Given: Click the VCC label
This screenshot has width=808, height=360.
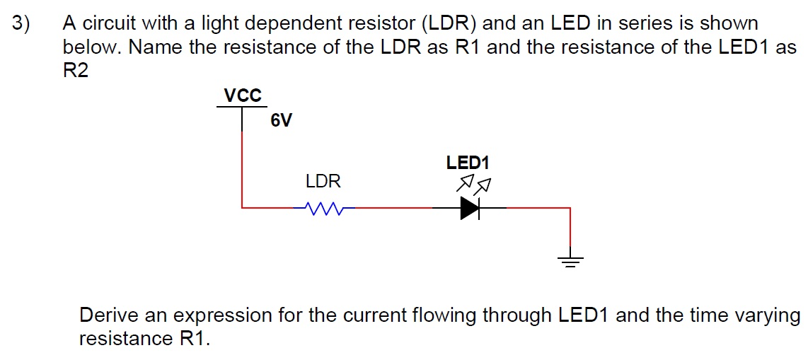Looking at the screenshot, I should pos(243,95).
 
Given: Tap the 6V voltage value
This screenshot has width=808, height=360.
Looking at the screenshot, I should pos(281,121).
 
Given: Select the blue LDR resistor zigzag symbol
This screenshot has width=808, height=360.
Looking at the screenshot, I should pos(323,209).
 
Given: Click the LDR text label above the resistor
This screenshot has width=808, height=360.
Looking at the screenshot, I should pos(323,182).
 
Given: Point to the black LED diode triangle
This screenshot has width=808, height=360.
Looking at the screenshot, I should pos(470,208).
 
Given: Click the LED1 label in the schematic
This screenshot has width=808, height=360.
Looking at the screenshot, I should pos(468,163).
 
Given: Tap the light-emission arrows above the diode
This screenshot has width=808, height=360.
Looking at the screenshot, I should pos(473,185).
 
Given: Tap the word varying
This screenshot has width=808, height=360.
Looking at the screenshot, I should pos(771,315).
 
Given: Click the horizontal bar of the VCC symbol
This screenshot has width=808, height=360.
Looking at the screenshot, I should pos(242,107).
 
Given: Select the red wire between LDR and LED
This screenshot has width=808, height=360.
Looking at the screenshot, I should pos(393,208).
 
